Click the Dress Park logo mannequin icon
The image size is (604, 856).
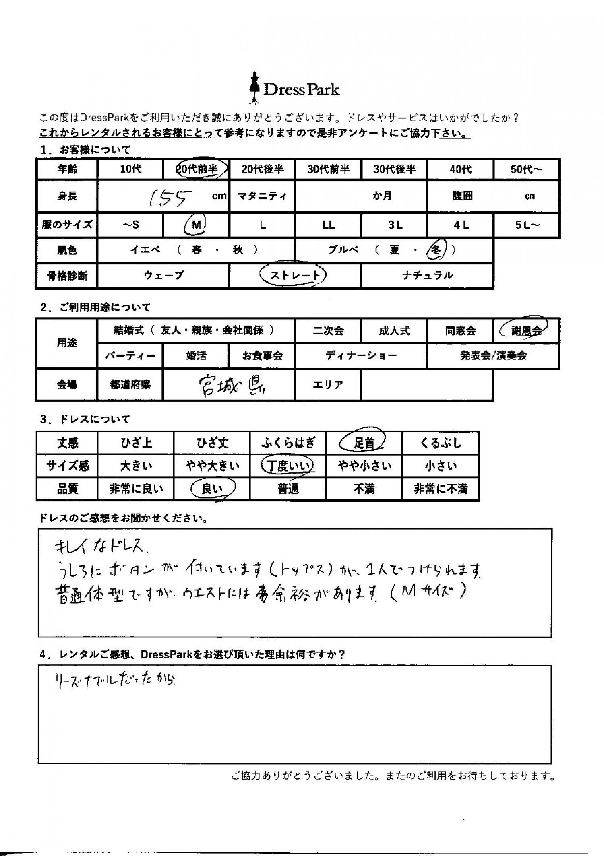coord(254,87)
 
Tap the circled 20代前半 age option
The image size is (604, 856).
coord(197,169)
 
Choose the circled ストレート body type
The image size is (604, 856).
coord(294,276)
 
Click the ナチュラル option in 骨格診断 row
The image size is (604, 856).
coord(427,276)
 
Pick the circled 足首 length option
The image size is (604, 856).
coord(364,443)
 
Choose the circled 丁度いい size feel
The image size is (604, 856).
coord(288,466)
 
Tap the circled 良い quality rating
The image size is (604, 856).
coord(212,489)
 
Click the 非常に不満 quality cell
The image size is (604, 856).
coord(441,489)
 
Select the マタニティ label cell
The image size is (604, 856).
coord(262,197)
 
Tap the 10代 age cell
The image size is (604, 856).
coord(131,169)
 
